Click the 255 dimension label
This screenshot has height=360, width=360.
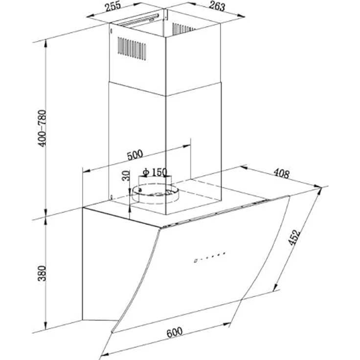pyautogui.click(x=113, y=6)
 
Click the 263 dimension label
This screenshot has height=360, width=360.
pyautogui.click(x=217, y=6)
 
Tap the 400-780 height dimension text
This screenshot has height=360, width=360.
pyautogui.click(x=42, y=128)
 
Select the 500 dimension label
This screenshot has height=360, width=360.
pyautogui.click(x=135, y=155)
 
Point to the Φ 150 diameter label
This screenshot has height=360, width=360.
pyautogui.click(x=155, y=172)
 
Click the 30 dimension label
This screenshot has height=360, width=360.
pyautogui.click(x=126, y=176)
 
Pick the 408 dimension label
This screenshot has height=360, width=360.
pyautogui.click(x=282, y=173)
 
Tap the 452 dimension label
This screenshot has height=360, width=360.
pyautogui.click(x=294, y=237)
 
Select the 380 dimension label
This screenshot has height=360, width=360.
pyautogui.click(x=42, y=273)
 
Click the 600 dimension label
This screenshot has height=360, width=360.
pyautogui.click(x=175, y=332)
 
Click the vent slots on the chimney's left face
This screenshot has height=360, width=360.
pyautogui.click(x=132, y=48)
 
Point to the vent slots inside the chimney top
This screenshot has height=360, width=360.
pyautogui.click(x=183, y=28)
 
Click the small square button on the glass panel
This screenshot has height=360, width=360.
pyautogui.click(x=195, y=261)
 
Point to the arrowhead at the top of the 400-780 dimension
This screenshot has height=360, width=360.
pyautogui.click(x=46, y=44)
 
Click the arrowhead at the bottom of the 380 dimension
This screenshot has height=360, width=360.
pyautogui.click(x=46, y=326)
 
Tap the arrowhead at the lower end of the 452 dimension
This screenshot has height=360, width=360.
pyautogui.click(x=276, y=287)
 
